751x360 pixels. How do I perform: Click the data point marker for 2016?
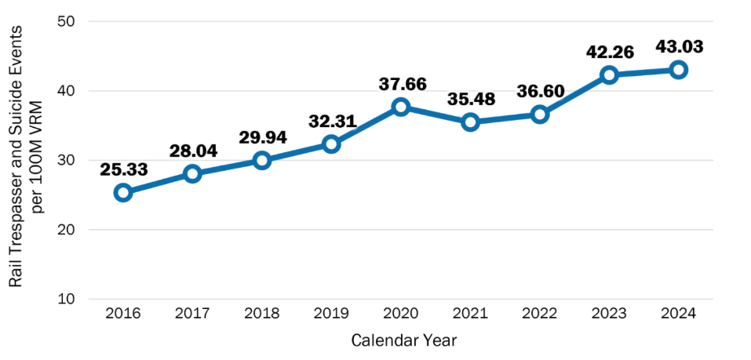pos(123,192)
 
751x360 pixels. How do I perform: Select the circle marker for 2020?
pos(401,107)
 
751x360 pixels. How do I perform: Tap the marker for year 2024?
pos(679,69)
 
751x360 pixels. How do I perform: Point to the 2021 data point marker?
pos(471,122)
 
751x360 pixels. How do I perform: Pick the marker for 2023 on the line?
pos(610,75)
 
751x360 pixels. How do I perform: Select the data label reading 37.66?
pos(401,82)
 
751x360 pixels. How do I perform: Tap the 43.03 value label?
pos(679,45)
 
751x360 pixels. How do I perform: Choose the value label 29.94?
pos(262,136)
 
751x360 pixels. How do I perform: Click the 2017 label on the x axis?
pos(192,314)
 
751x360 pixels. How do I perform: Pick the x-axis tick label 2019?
pos(331,314)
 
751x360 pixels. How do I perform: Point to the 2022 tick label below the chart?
pos(540,314)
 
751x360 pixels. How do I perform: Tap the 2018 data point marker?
pos(262,160)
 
